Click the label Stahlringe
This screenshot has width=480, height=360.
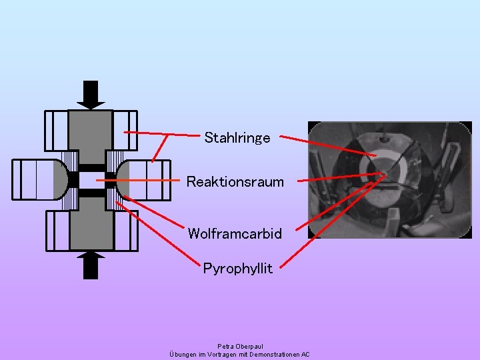click(x=237, y=138)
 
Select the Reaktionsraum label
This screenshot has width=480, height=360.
click(x=235, y=181)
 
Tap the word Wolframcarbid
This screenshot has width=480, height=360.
click(x=235, y=234)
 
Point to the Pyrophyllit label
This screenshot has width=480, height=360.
click(x=238, y=269)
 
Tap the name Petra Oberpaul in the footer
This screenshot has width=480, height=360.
click(x=240, y=347)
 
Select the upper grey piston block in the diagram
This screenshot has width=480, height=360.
click(x=91, y=137)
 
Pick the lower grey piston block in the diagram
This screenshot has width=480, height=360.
click(x=91, y=223)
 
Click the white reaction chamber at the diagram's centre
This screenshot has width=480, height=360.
click(x=91, y=181)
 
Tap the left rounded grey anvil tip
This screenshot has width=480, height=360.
click(x=61, y=180)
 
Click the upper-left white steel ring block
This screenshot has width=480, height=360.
click(x=56, y=131)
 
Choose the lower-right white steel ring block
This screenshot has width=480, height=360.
click(x=125, y=231)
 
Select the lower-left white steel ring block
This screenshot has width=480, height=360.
click(x=56, y=231)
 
